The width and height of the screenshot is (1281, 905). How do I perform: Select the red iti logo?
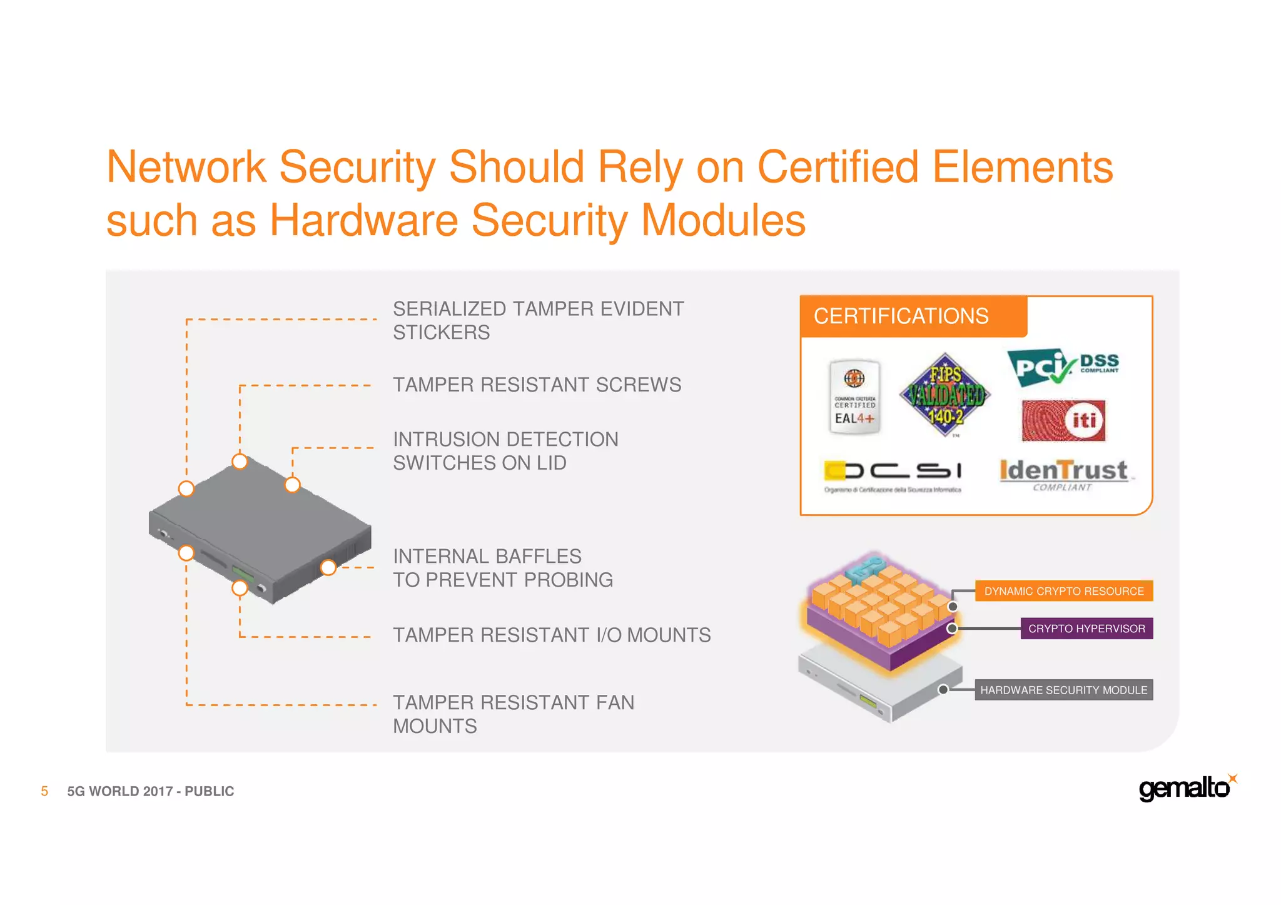click(x=1063, y=420)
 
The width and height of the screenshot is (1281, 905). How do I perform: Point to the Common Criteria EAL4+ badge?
click(x=854, y=397)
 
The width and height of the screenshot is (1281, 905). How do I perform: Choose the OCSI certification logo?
click(x=893, y=477)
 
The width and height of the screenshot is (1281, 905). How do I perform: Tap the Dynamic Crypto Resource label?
click(x=1063, y=591)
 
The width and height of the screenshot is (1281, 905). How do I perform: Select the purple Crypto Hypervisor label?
click(x=1086, y=629)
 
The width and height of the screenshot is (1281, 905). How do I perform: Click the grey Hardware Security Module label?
click(x=1063, y=690)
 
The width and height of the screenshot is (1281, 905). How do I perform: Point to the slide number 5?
click(x=44, y=791)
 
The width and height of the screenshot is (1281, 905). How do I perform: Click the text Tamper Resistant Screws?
click(x=537, y=385)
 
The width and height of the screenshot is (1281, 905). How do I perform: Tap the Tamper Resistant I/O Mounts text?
click(x=552, y=635)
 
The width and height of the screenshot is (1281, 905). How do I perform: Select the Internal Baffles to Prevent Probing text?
click(x=502, y=568)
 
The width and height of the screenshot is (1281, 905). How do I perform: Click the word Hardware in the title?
click(x=364, y=221)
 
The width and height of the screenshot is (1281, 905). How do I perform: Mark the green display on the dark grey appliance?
click(x=243, y=574)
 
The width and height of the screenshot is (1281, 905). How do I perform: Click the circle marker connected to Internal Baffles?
click(x=328, y=567)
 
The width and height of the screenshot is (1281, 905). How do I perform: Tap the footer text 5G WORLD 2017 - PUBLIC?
click(x=151, y=791)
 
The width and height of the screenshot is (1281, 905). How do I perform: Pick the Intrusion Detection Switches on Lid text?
click(x=505, y=451)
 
